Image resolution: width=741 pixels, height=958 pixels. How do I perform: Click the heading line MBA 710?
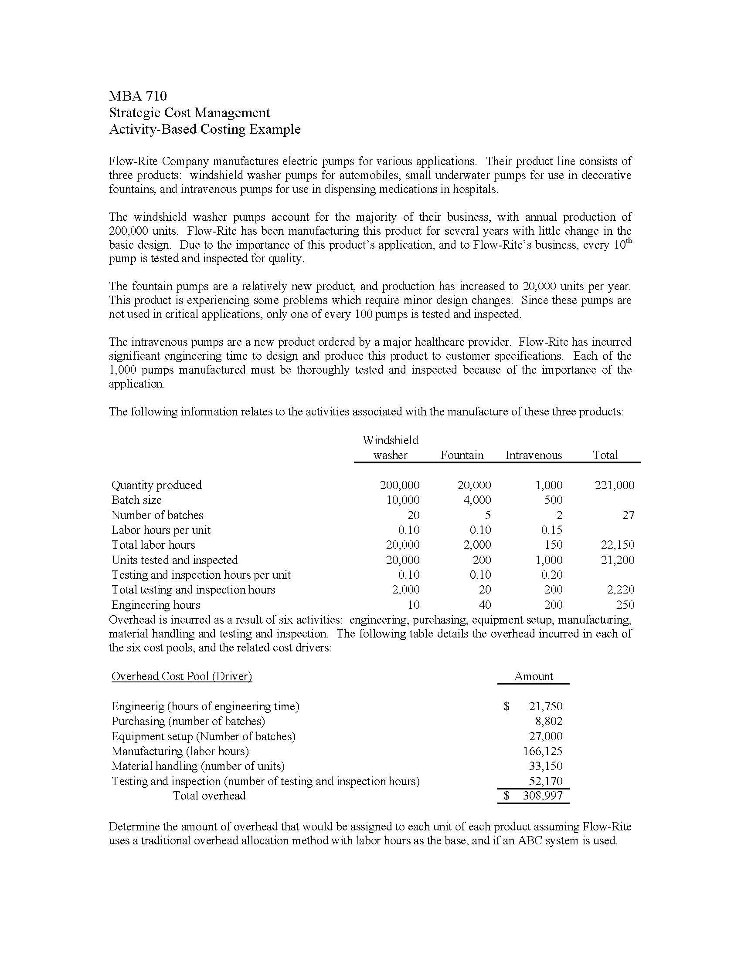tap(138, 96)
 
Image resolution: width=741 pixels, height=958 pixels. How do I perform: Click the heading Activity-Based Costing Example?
tap(204, 129)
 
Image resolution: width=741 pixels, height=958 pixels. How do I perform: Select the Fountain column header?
tap(462, 455)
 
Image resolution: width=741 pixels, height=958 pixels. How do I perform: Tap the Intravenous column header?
tap(534, 455)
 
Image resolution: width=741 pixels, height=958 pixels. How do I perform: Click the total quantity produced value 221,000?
tap(615, 485)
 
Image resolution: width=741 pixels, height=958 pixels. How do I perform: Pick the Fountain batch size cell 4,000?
tap(477, 500)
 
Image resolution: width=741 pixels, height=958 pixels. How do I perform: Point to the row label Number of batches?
tap(157, 515)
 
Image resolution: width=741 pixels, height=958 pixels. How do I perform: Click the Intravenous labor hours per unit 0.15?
tap(551, 530)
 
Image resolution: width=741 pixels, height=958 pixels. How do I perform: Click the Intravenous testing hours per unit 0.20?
tap(551, 575)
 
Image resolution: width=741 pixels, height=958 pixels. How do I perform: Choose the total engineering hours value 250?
tap(625, 605)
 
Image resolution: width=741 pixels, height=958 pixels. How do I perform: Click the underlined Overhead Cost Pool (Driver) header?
tap(182, 676)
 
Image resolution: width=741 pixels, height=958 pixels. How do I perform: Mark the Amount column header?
tap(534, 676)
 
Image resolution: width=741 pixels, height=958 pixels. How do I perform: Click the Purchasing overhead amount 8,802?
tap(548, 721)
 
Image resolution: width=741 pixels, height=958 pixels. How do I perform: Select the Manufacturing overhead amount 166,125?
tap(543, 751)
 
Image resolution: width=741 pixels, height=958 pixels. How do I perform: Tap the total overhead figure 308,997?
tap(543, 796)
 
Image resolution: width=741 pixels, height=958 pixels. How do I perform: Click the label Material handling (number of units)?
tap(198, 766)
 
